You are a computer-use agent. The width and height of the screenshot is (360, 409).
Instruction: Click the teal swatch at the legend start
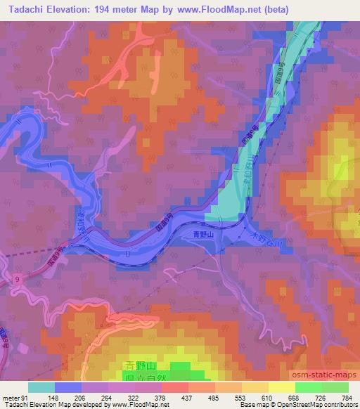click(x=41, y=387)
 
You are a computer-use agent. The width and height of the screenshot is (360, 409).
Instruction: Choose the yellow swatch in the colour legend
click(x=281, y=387)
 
